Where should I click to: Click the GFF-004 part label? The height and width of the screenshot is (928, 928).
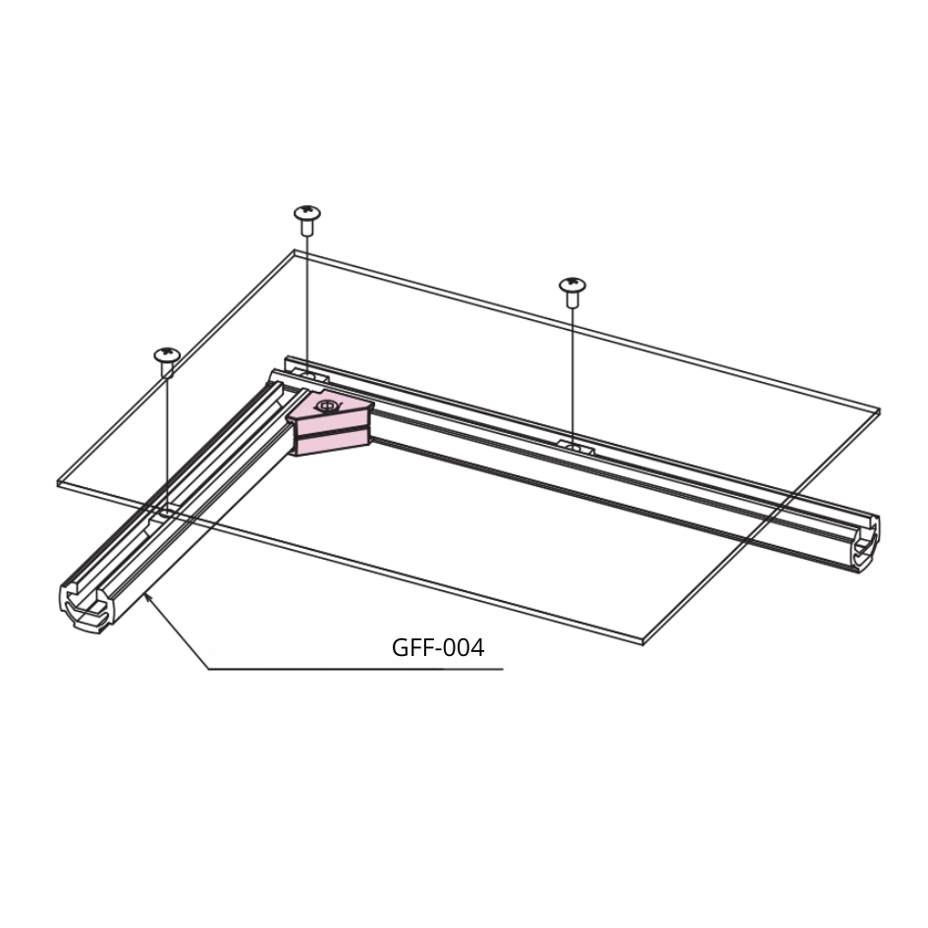pyautogui.click(x=438, y=647)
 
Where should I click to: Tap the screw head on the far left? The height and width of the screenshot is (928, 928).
pyautogui.click(x=166, y=354)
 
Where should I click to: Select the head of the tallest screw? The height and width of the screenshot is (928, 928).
pyautogui.click(x=307, y=211)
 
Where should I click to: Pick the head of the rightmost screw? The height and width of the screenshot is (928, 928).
pyautogui.click(x=573, y=285)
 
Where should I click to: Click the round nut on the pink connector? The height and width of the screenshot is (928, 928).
pyautogui.click(x=326, y=406)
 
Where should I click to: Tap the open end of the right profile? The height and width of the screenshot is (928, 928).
pyautogui.click(x=865, y=544)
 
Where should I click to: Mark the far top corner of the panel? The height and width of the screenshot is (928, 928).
pyautogui.click(x=295, y=251)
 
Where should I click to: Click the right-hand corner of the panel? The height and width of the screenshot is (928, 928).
pyautogui.click(x=879, y=410)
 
